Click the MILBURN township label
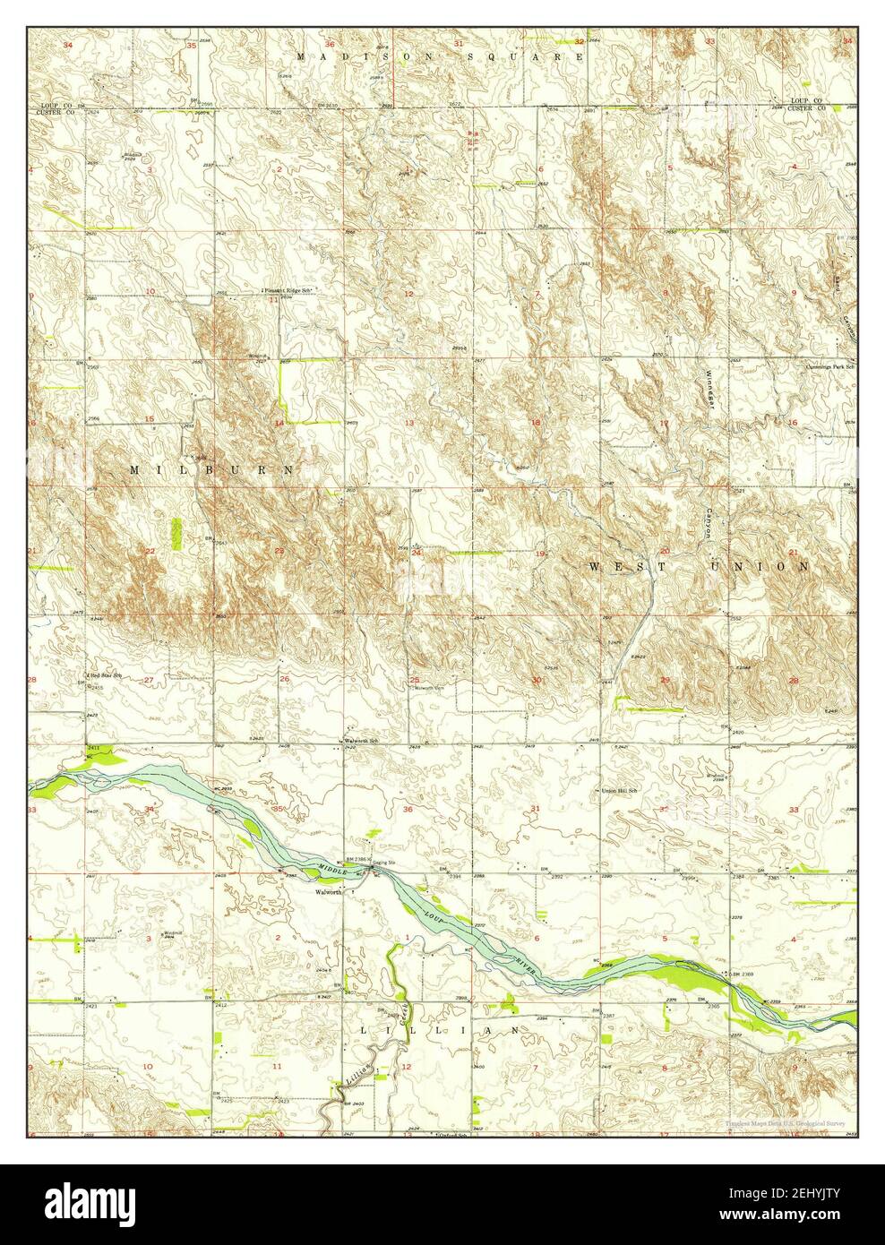[211, 469]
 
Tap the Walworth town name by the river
[328, 892]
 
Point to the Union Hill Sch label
[618, 790]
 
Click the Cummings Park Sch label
[827, 366]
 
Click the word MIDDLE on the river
[331, 867]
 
